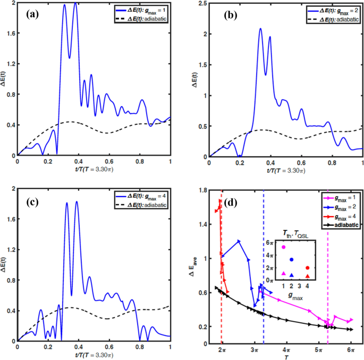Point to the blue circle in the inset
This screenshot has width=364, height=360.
tap(291, 260)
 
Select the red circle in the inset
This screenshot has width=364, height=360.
tap(307, 268)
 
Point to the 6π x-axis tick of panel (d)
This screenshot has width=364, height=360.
tap(350, 352)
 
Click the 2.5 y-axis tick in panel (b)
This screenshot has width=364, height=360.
tap(202, 4)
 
